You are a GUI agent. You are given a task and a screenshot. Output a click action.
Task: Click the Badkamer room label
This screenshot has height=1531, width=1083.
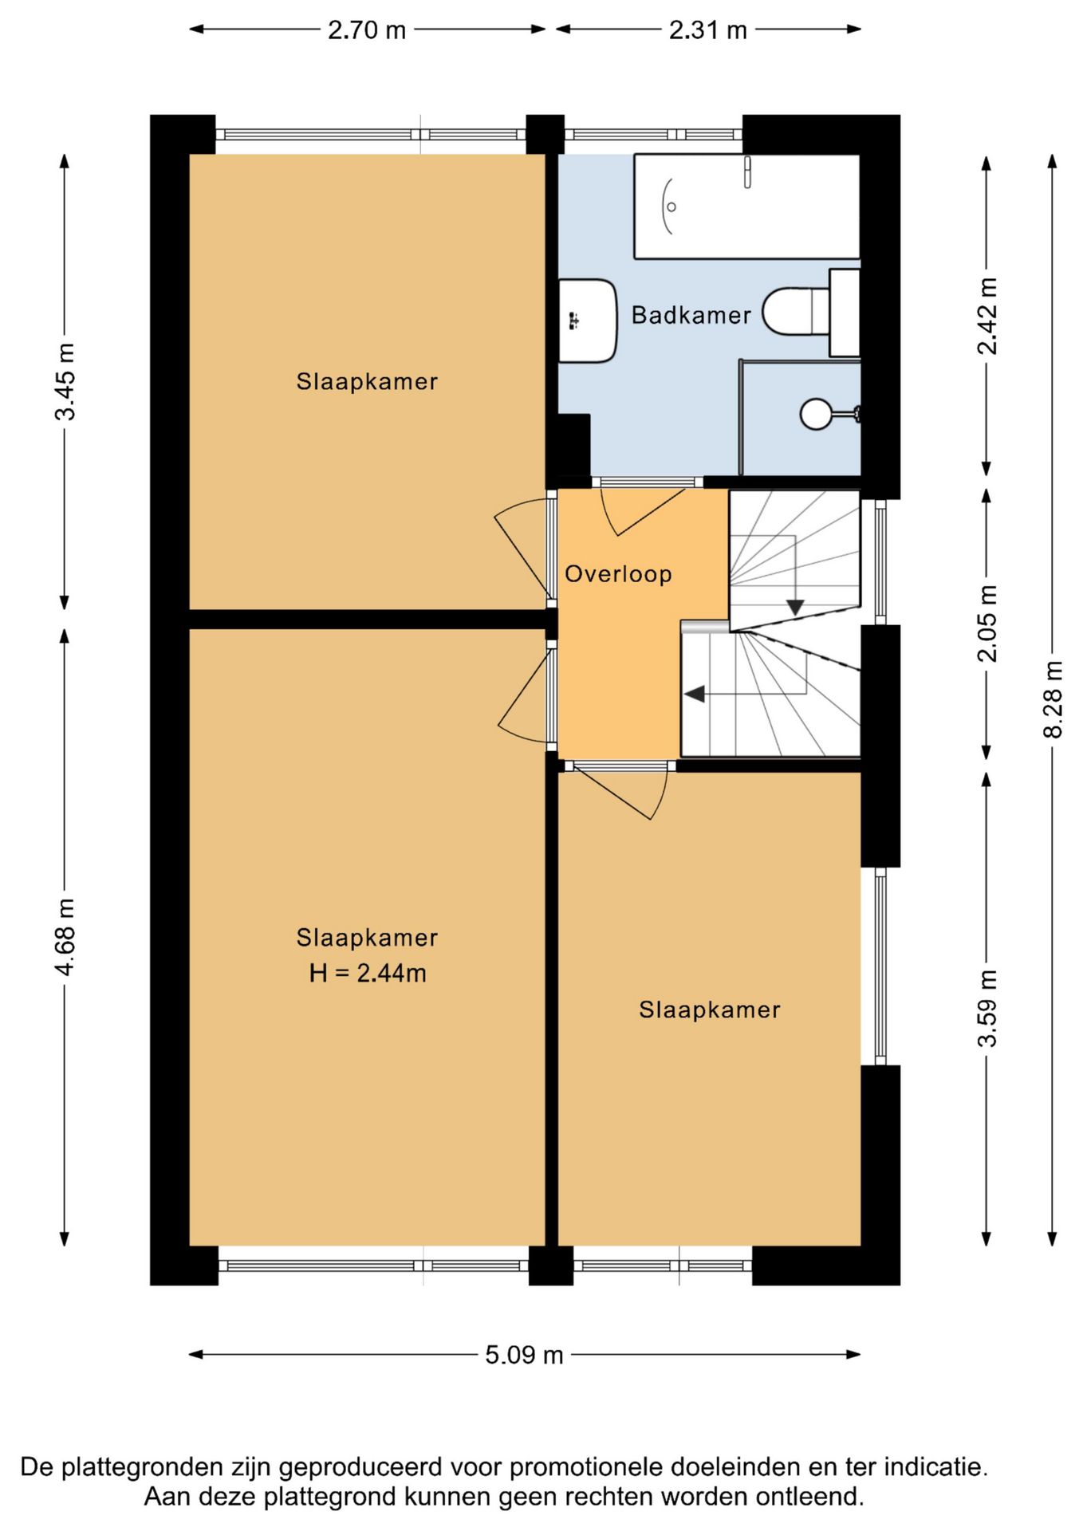coord(691,315)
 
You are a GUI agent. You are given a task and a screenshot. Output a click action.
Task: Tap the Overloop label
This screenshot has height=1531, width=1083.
coord(618,574)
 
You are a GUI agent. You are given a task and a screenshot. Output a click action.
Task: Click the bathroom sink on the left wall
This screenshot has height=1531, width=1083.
coord(588,321)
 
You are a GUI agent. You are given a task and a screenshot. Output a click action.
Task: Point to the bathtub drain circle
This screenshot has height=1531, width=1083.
coord(671,207)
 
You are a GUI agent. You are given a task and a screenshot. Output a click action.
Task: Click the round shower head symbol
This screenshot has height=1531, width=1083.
coord(816,414)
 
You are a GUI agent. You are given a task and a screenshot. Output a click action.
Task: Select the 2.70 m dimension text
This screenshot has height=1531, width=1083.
coord(367,30)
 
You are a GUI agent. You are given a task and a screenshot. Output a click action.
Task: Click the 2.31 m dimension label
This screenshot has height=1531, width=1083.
coord(708,30)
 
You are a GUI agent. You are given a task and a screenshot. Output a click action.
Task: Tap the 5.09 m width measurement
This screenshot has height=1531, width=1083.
coord(524,1355)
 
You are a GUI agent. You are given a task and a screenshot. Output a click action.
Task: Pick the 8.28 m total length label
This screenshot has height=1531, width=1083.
coord(1053,699)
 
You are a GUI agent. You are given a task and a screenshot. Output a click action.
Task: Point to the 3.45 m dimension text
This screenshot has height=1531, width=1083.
coord(65,381)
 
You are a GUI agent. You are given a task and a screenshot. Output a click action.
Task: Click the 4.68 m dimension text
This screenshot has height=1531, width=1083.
coord(65,936)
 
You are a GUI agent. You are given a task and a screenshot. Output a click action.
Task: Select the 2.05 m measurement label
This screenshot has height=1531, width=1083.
coord(987,623)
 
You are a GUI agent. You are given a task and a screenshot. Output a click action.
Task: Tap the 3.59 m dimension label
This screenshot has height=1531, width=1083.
coord(987,1008)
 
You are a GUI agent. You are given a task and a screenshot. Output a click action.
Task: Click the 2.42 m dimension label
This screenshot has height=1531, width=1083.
coord(987,316)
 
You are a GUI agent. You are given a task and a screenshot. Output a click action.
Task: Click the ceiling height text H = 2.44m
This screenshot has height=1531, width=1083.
coord(368,973)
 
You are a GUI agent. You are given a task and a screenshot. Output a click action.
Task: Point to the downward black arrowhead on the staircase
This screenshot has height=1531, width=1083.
coord(795,608)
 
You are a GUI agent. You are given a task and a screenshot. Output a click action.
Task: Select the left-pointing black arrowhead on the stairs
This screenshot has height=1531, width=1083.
coord(695,695)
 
